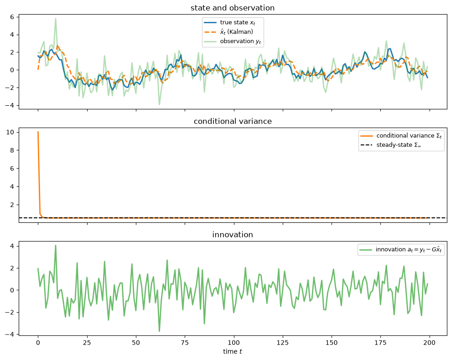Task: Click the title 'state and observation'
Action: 233,8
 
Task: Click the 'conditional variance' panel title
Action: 233,121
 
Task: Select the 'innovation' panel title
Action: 233,234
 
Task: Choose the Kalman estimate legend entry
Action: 228,31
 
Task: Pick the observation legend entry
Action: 233,41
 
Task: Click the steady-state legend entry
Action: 391,145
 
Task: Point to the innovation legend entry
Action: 400,249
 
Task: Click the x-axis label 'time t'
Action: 233,351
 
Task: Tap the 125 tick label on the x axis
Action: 283,343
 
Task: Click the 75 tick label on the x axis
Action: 185,343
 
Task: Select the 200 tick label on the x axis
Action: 430,343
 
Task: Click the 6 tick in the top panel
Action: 12,17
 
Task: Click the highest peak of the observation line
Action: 56,19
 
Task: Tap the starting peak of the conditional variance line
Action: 38,132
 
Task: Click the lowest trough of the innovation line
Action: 159,331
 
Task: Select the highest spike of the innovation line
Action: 56,245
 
